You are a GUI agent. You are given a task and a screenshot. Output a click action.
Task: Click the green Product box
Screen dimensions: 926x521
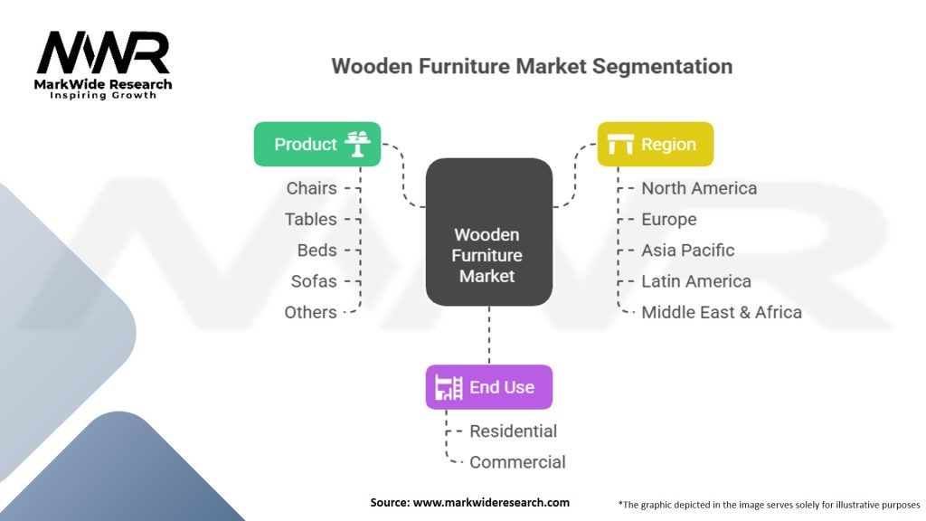click(x=317, y=145)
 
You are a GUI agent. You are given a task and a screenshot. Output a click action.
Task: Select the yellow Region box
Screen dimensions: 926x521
click(x=655, y=145)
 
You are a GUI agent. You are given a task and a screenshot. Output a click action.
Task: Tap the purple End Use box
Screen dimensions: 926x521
click(x=488, y=387)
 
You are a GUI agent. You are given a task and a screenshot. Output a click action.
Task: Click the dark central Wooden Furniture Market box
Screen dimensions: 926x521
click(x=488, y=232)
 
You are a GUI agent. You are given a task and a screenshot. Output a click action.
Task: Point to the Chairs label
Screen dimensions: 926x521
click(x=311, y=188)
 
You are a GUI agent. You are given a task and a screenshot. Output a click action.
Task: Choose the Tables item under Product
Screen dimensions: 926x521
click(x=310, y=219)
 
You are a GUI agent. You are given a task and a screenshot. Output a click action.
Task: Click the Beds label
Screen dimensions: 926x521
click(x=317, y=251)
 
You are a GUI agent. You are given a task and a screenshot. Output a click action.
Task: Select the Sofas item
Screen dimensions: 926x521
click(x=314, y=281)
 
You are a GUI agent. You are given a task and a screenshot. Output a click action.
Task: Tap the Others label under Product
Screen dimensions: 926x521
click(x=310, y=312)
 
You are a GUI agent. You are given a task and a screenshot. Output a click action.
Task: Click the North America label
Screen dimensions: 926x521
click(x=699, y=188)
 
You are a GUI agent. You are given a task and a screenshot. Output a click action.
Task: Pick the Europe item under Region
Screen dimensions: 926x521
click(x=669, y=219)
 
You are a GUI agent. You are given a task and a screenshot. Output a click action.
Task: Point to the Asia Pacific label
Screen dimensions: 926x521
click(x=688, y=251)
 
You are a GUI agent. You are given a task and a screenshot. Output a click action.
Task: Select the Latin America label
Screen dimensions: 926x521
click(x=696, y=281)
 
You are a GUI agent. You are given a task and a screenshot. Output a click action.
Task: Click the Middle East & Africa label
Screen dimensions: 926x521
click(x=722, y=312)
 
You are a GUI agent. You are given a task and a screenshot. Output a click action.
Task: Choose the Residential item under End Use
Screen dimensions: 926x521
click(x=513, y=431)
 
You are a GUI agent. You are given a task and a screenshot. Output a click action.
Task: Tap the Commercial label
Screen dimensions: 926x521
click(x=517, y=462)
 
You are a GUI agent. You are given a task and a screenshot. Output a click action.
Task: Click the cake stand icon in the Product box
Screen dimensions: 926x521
click(x=358, y=145)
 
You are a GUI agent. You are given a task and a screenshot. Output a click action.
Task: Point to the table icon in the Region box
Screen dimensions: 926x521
click(x=620, y=145)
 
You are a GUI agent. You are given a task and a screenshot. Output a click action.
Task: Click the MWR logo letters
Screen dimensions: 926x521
click(x=102, y=54)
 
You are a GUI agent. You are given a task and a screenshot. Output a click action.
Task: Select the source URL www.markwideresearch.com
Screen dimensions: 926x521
click(x=491, y=502)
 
